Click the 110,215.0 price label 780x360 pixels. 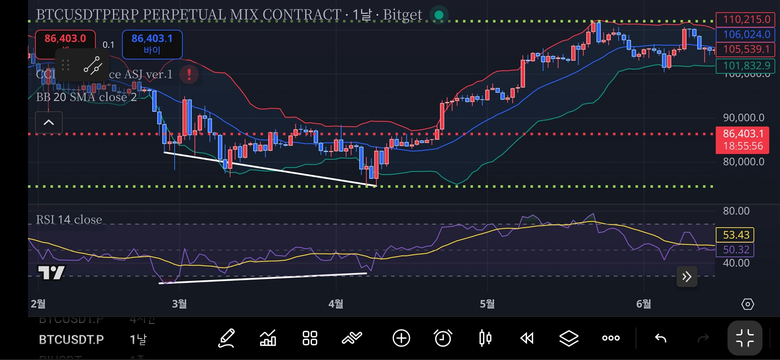coord(746,20)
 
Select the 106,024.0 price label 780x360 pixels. coord(746,35)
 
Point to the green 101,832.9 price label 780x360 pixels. coord(746,65)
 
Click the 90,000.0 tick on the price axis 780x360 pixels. coord(743,118)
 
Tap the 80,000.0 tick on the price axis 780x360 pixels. coord(743,162)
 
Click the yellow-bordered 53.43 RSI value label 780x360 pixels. coord(735,235)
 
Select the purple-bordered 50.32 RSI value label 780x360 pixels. coord(735,249)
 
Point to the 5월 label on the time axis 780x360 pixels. coord(487,304)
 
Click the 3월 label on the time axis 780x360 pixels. coord(179,304)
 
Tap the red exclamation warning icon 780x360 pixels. coord(189,74)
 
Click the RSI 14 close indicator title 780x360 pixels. coord(69,220)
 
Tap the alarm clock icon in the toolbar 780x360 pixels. coord(442,338)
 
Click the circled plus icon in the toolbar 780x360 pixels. coord(401,338)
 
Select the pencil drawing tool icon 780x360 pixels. coord(226,338)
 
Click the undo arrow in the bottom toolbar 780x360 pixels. coord(661,338)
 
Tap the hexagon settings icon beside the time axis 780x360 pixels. coord(747,304)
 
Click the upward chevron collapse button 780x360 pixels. coord(49,122)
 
